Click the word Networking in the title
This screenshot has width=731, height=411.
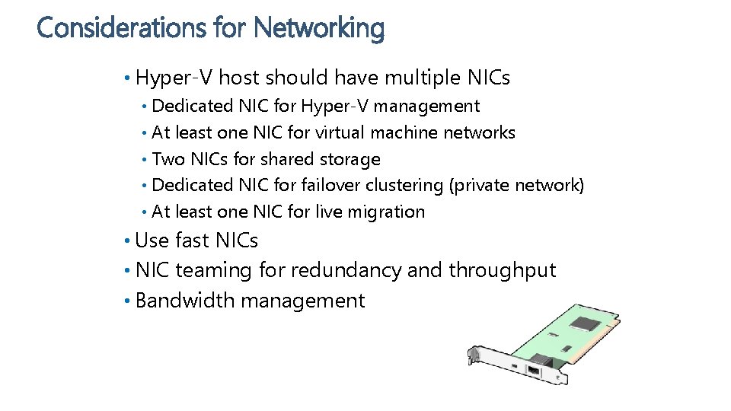point(319,28)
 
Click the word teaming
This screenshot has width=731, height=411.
point(215,270)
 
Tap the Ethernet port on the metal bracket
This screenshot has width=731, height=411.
point(535,371)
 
